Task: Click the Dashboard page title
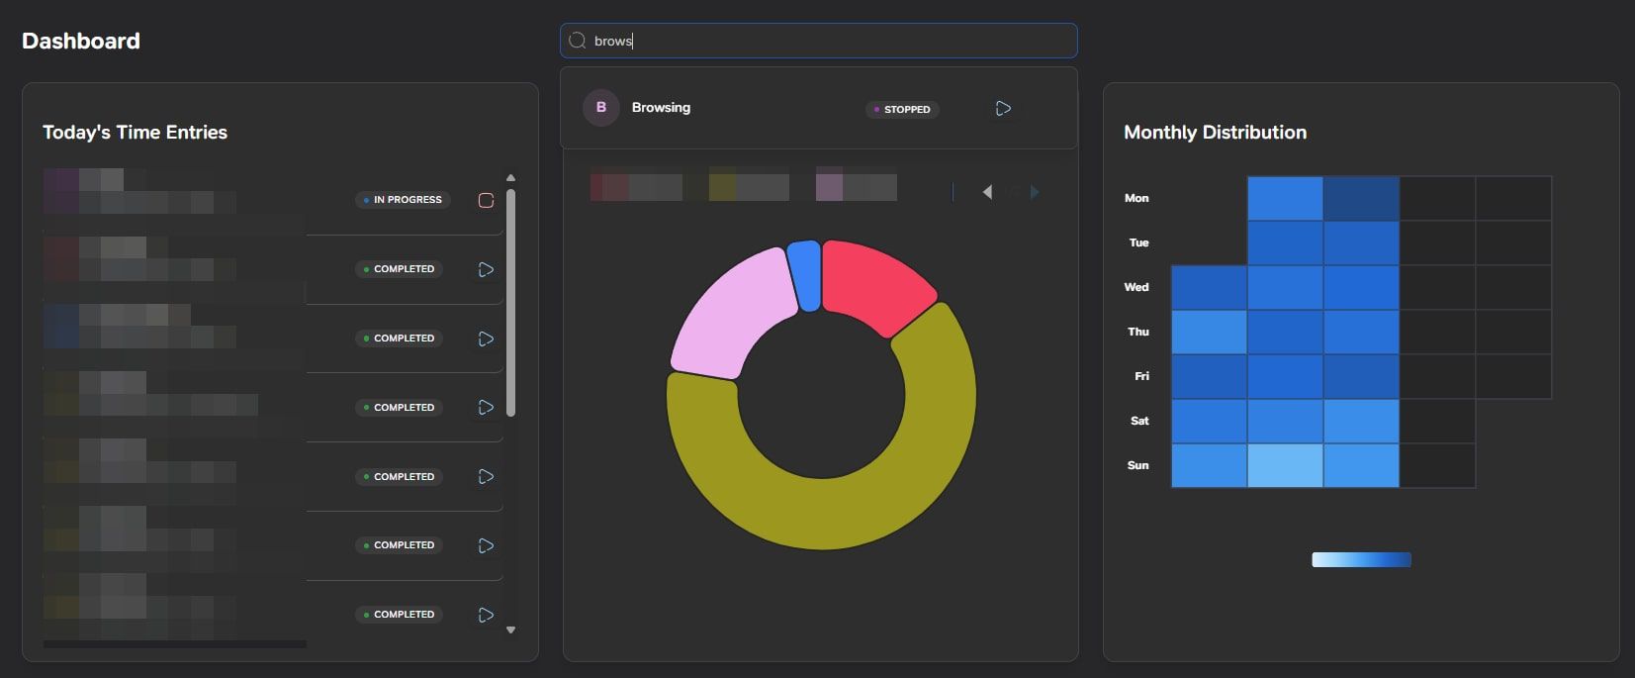tap(81, 41)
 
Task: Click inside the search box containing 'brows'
tap(831, 41)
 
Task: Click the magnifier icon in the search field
tap(578, 41)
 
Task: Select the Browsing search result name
tap(661, 107)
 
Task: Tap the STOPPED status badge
tap(902, 109)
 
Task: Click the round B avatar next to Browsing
tap(600, 107)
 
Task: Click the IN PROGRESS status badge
tap(404, 200)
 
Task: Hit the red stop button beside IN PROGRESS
tap(486, 200)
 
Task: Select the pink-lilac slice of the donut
tap(727, 307)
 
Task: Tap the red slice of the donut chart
tap(875, 282)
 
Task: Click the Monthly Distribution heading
tap(1215, 132)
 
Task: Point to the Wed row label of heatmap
tap(1136, 287)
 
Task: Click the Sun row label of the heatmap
tap(1137, 465)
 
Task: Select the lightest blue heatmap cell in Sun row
tap(1285, 465)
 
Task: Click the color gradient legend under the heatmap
tap(1361, 560)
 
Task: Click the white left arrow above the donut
tap(987, 192)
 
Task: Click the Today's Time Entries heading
tap(135, 132)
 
